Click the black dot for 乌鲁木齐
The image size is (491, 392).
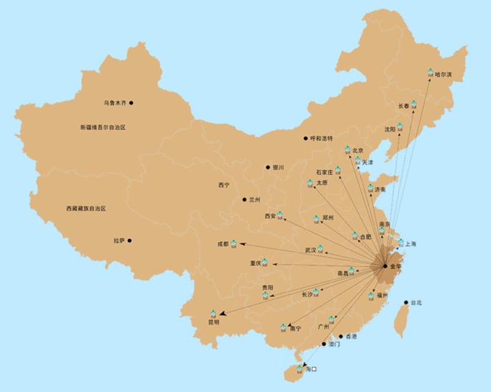click(131, 103)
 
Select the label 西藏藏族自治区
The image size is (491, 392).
click(86, 209)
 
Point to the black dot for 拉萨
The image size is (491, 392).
click(130, 240)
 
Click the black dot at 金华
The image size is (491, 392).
click(385, 266)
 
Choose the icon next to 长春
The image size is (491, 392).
click(414, 104)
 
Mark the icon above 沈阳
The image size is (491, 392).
click(400, 127)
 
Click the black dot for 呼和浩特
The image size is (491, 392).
click(306, 138)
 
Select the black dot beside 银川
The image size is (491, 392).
click(268, 167)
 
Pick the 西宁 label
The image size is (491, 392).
click(223, 185)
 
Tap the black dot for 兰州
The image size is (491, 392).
click(244, 199)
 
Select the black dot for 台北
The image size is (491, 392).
click(406, 302)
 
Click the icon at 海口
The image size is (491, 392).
click(300, 368)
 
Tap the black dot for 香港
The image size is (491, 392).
click(341, 336)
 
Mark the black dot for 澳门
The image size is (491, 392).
click(324, 344)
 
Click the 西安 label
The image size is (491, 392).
click(270, 216)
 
